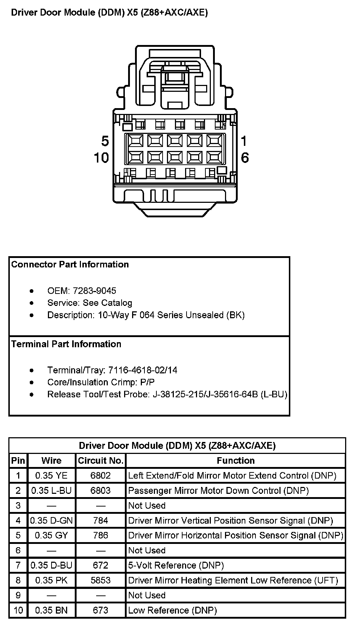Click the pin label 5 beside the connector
[x=105, y=141]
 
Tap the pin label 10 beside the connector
[x=101, y=158]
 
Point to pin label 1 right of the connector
[x=244, y=141]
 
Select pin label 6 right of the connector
[x=245, y=158]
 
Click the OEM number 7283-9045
[x=94, y=291]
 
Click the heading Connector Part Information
[x=70, y=265]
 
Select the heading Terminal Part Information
[x=66, y=344]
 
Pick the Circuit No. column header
[x=101, y=461]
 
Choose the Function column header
[x=236, y=461]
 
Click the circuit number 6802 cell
[x=101, y=476]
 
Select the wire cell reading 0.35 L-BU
[x=52, y=491]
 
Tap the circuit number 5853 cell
[x=101, y=581]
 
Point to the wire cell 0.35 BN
[x=52, y=610]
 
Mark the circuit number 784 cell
[x=101, y=521]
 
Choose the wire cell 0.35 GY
[x=52, y=536]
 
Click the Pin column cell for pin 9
[x=18, y=595]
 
